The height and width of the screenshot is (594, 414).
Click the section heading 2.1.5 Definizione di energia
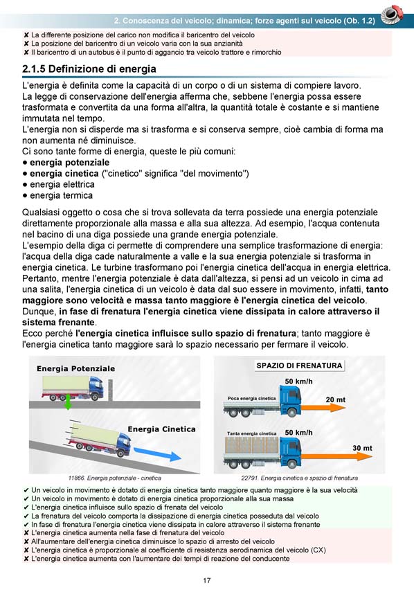coord(89,69)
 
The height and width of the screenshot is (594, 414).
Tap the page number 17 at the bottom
coord(207,580)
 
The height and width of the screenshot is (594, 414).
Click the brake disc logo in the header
coord(392,15)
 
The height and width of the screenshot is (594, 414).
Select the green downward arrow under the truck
coord(68,402)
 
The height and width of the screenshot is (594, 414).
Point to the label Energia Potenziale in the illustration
coord(75,368)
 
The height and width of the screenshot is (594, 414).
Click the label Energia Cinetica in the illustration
coord(162,429)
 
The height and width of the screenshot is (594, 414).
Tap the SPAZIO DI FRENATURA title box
coord(299,366)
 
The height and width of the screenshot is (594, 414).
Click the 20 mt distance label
coord(336,399)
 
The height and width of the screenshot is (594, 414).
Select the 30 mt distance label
coord(363,448)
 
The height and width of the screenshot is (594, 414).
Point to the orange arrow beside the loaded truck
coord(337,456)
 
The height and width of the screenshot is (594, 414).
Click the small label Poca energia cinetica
coord(252,399)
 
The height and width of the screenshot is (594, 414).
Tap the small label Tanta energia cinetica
coord(252,433)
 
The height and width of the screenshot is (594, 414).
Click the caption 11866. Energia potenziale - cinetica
coord(115,478)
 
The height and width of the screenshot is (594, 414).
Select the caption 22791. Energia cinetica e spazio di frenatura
coord(299,478)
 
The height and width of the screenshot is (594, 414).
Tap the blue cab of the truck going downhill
coord(123,444)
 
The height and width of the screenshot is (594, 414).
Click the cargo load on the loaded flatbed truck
coord(252,445)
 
